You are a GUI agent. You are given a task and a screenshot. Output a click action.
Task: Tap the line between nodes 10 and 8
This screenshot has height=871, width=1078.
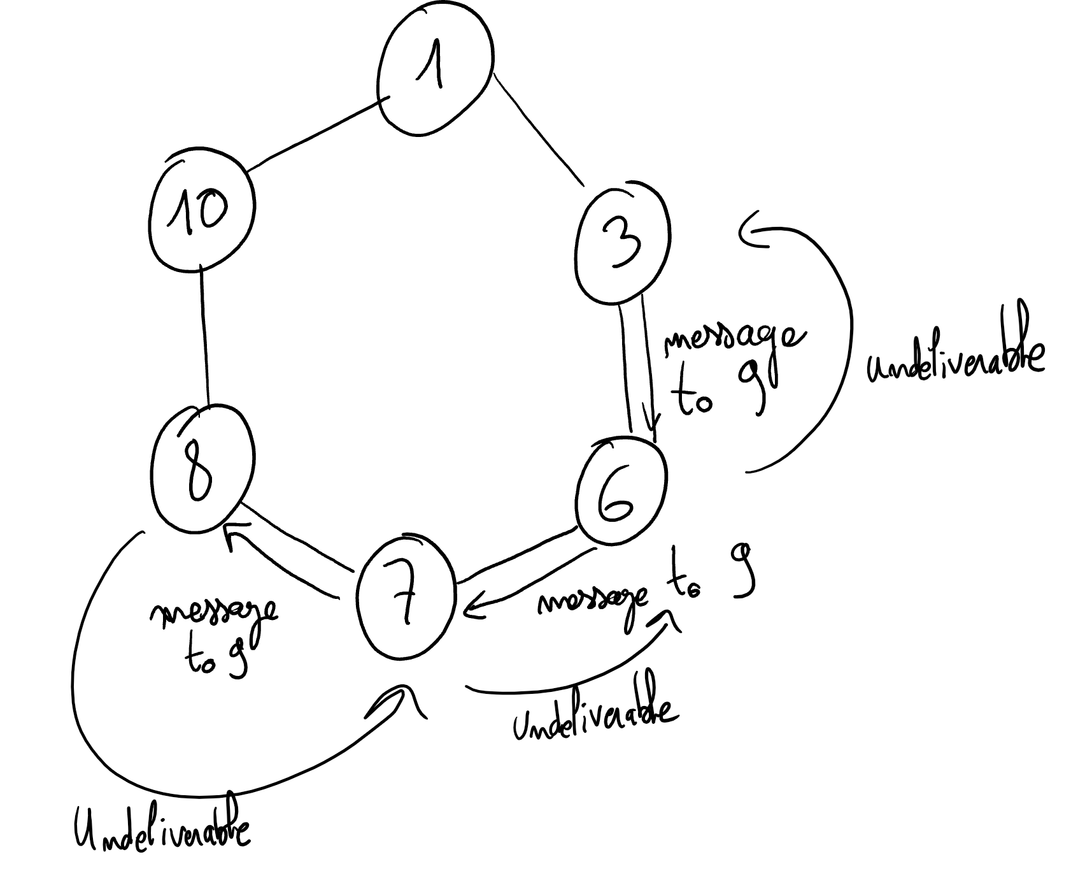[204, 338]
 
